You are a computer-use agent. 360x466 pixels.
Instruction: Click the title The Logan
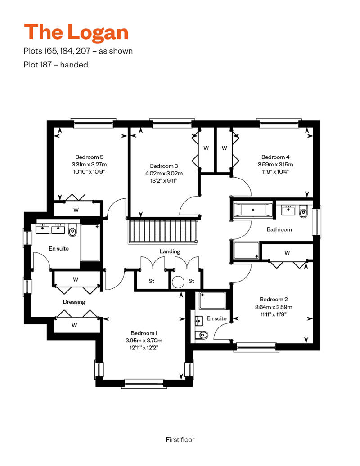pyautogui.click(x=76, y=32)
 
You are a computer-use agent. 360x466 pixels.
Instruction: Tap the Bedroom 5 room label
pyautogui.click(x=89, y=157)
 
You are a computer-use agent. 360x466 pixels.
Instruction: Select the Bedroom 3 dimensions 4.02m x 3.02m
pyautogui.click(x=164, y=173)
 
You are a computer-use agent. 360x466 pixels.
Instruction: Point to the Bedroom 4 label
pyautogui.click(x=275, y=157)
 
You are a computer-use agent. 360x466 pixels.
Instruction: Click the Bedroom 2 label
pyautogui.click(x=274, y=299)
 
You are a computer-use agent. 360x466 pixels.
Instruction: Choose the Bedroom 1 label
pyautogui.click(x=144, y=333)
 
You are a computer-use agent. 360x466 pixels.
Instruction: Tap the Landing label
pyautogui.click(x=170, y=251)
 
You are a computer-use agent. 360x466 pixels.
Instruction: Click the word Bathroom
pyautogui.click(x=279, y=229)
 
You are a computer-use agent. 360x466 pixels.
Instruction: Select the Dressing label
pyautogui.click(x=74, y=302)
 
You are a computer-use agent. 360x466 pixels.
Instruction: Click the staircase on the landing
pyautogui.click(x=163, y=231)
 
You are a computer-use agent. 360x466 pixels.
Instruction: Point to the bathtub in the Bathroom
pyautogui.click(x=253, y=210)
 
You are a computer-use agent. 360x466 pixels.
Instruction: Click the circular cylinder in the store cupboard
pyautogui.click(x=178, y=282)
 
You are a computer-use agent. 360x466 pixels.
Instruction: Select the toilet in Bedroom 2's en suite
pyautogui.click(x=202, y=335)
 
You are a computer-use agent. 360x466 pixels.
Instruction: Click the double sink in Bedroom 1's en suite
pyautogui.click(x=50, y=229)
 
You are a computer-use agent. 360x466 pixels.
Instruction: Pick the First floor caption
pyautogui.click(x=180, y=439)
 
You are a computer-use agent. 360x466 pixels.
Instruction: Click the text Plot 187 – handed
pyautogui.click(x=56, y=65)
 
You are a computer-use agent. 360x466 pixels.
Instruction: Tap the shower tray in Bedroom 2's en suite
pyautogui.click(x=212, y=301)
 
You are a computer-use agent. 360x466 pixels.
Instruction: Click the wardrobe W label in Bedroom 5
pyautogui.click(x=76, y=210)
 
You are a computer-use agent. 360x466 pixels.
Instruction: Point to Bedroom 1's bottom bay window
pyautogui.click(x=144, y=383)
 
